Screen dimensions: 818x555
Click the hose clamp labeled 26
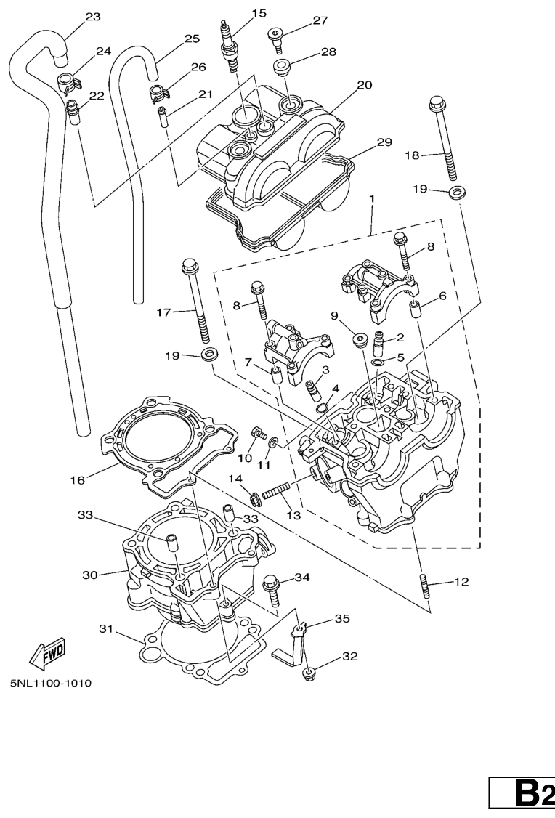158,92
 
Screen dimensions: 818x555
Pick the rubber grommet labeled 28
284,69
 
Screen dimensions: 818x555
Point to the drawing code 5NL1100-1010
51,683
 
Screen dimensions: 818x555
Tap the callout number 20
364,85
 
